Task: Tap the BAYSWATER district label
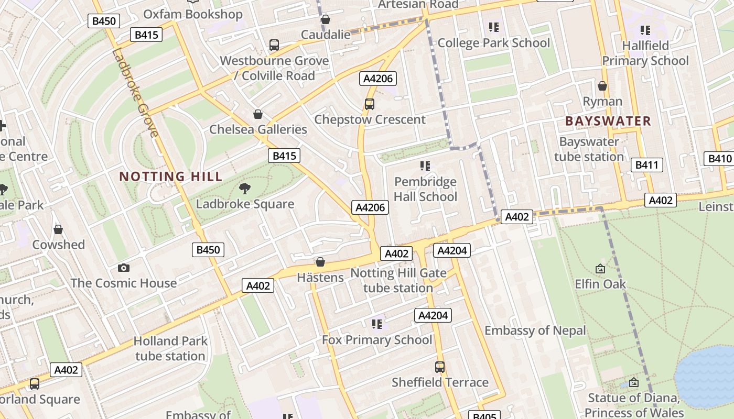pyautogui.click(x=608, y=121)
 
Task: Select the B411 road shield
pyautogui.click(x=646, y=165)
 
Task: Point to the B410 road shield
pyautogui.click(x=719, y=159)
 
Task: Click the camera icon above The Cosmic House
pyautogui.click(x=124, y=268)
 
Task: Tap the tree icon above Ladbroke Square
pyautogui.click(x=244, y=189)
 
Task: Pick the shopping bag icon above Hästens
pyautogui.click(x=320, y=261)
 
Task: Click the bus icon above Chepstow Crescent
pyautogui.click(x=370, y=104)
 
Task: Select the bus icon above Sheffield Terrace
pyautogui.click(x=440, y=367)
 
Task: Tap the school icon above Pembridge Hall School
pyautogui.click(x=425, y=166)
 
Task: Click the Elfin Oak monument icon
pyautogui.click(x=600, y=269)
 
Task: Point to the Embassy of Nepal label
pyautogui.click(x=535, y=330)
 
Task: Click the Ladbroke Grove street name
pyautogui.click(x=135, y=93)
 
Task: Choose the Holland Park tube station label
pyautogui.click(x=170, y=348)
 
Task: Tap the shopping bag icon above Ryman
pyautogui.click(x=602, y=85)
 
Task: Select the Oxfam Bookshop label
pyautogui.click(x=192, y=14)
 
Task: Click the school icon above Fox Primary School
pyautogui.click(x=376, y=324)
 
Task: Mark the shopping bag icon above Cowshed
pyautogui.click(x=58, y=229)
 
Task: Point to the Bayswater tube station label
pyautogui.click(x=589, y=149)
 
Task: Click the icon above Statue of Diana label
pyautogui.click(x=634, y=383)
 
